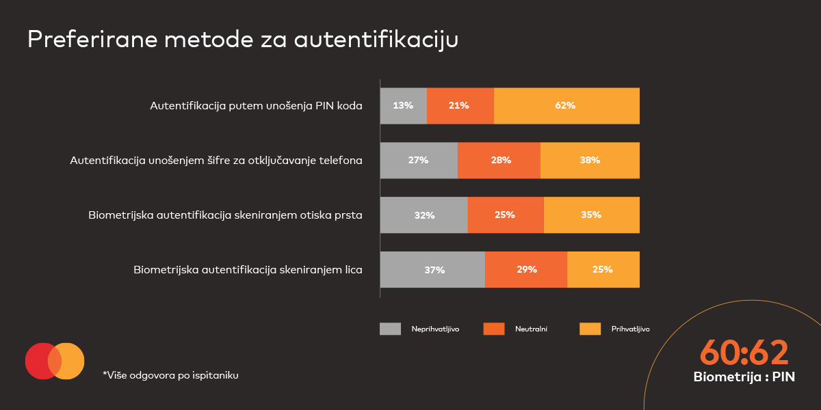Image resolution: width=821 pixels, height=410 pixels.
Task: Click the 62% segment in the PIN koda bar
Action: (566, 106)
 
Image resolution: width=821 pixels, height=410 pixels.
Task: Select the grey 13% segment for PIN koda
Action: (404, 106)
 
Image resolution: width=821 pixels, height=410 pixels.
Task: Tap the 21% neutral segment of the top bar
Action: (460, 106)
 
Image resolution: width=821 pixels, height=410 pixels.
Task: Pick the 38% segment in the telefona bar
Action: (590, 161)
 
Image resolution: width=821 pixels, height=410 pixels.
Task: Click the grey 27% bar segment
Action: (419, 161)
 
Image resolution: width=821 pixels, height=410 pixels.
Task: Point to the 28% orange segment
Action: (499, 161)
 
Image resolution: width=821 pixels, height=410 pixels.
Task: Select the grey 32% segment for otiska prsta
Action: (424, 215)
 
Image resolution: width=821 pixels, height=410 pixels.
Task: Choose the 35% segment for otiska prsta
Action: (591, 215)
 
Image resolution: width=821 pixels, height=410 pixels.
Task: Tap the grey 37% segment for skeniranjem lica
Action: (432, 269)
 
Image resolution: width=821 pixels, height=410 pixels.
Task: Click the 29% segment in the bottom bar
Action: (526, 269)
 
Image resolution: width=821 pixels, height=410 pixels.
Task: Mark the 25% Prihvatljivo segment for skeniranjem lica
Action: (603, 269)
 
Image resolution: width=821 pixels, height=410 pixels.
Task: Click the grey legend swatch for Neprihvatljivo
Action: (390, 329)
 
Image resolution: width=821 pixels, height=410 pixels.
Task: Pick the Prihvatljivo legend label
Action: (630, 329)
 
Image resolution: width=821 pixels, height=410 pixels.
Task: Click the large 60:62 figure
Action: (744, 353)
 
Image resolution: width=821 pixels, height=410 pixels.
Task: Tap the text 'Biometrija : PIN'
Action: (744, 377)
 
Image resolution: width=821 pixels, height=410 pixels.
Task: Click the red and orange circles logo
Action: (55, 361)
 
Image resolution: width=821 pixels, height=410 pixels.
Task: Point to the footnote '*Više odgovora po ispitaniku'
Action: (170, 374)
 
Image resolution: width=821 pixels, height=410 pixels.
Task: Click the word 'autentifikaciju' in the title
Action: (376, 40)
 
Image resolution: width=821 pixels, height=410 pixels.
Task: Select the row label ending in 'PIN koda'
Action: (256, 106)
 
